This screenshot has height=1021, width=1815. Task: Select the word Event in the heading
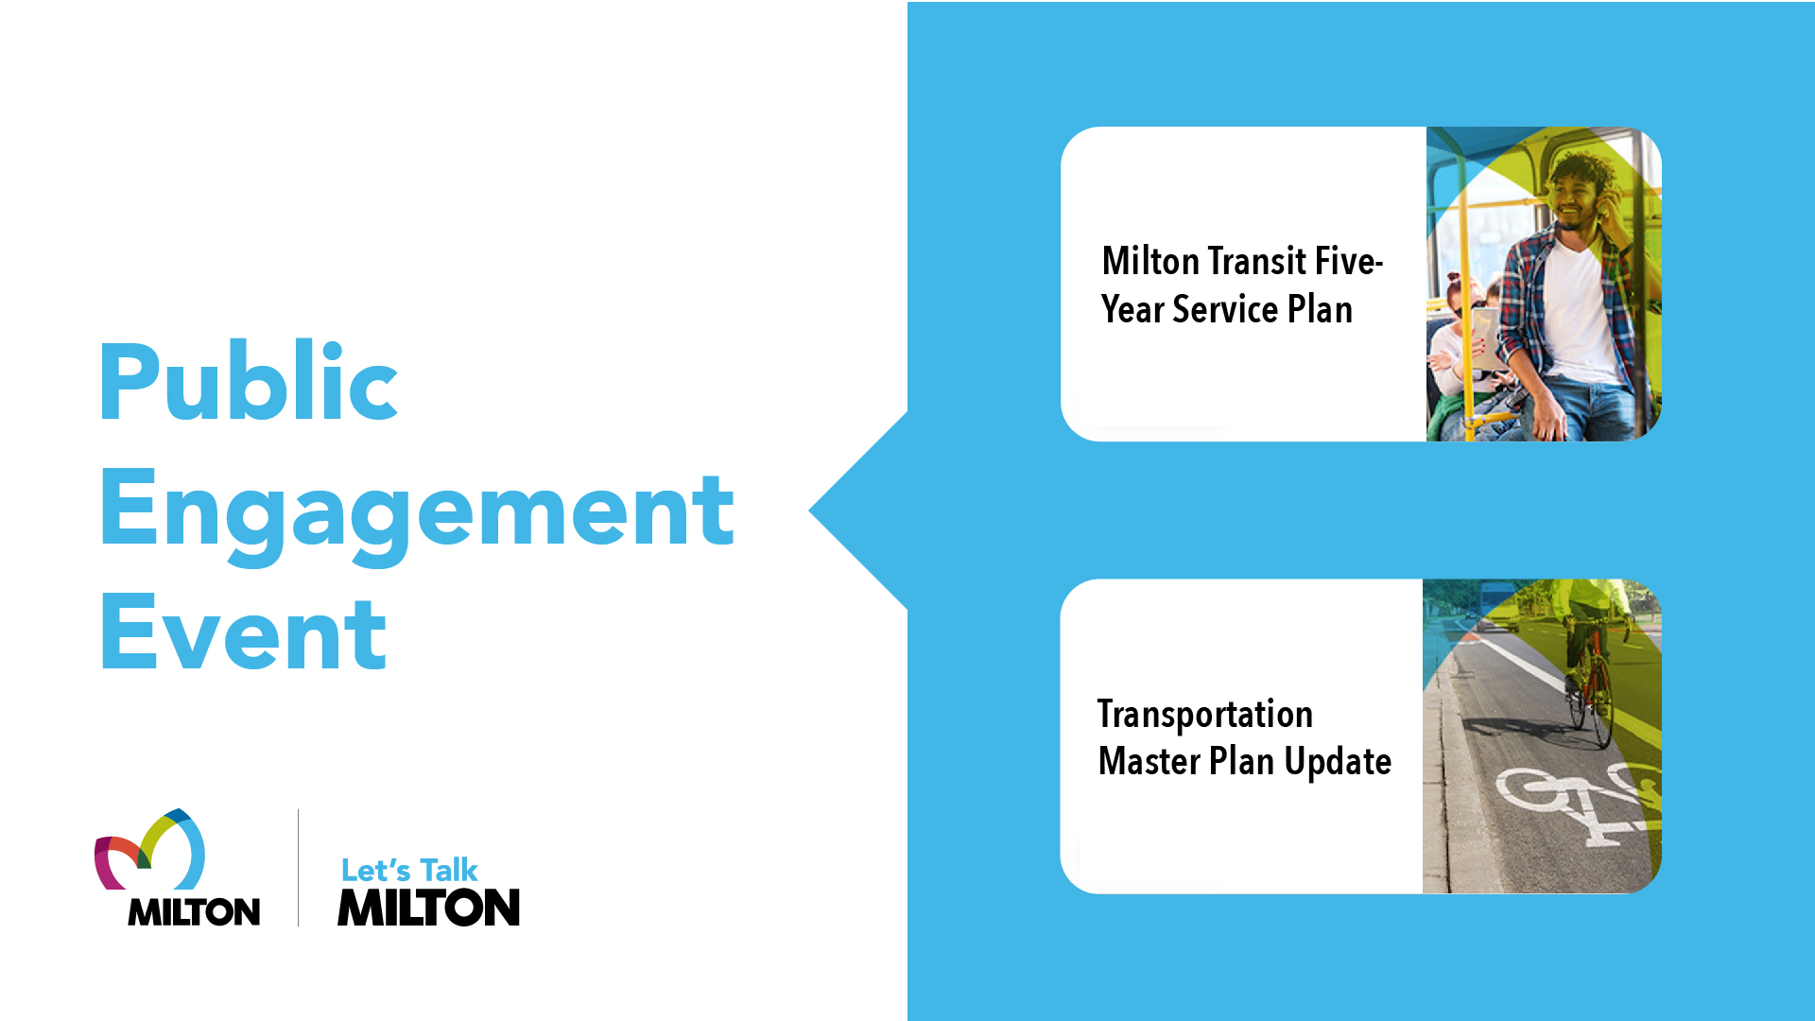pos(243,632)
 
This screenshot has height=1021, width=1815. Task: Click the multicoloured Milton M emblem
pos(149,849)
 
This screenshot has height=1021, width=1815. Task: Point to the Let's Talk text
pos(409,870)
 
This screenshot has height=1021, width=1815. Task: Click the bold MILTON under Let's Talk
pos(429,908)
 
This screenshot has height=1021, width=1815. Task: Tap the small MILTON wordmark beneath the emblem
pos(194,911)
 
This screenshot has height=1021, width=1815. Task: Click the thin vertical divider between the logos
pos(299,867)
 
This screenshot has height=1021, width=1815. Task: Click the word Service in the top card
pos(1225,310)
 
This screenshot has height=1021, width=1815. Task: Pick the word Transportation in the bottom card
pos(1205,716)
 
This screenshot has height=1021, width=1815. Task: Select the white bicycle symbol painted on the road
pos(1574,804)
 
